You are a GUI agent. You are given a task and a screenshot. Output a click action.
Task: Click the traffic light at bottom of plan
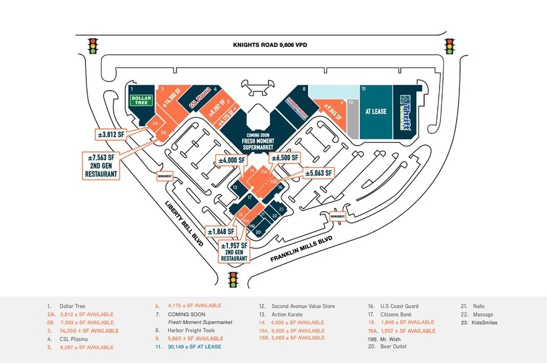[234, 280]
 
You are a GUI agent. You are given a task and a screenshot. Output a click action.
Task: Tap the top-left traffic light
[93, 46]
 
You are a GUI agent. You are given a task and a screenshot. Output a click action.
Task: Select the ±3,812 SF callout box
[111, 134]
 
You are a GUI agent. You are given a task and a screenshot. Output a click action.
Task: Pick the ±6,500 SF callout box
[285, 158]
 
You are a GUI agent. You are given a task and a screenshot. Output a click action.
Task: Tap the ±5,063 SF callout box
[319, 173]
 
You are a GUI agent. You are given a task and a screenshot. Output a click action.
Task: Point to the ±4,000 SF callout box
[232, 161]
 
